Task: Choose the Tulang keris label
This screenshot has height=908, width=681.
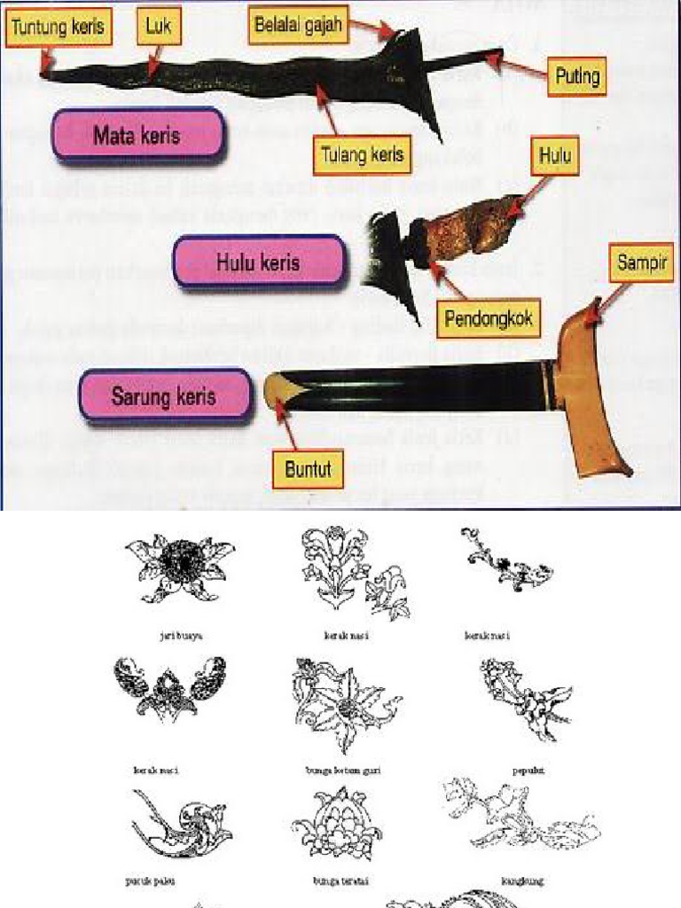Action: (361, 155)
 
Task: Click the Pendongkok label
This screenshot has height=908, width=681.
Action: (489, 317)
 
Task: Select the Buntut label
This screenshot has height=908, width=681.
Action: (313, 469)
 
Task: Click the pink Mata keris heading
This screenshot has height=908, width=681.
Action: (137, 136)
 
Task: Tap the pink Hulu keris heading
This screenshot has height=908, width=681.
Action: (258, 262)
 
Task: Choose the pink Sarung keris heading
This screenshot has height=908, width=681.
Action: (163, 395)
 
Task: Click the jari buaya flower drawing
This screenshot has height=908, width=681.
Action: (181, 569)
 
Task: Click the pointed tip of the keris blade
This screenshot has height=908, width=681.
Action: (44, 74)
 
